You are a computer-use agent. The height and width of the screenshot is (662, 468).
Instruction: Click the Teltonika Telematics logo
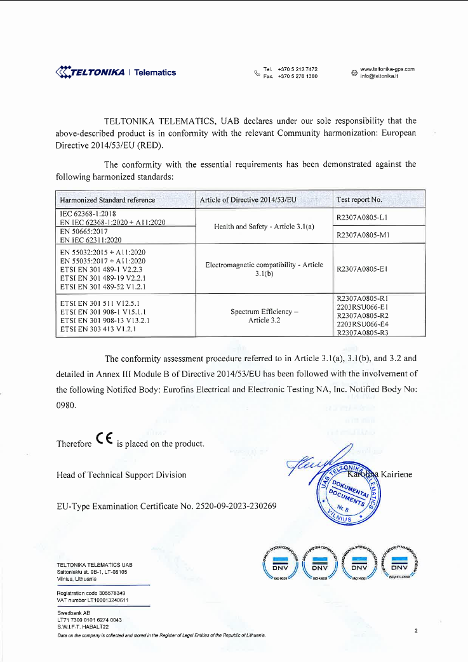click(x=116, y=72)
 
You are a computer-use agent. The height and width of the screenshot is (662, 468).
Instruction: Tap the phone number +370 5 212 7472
click(x=298, y=69)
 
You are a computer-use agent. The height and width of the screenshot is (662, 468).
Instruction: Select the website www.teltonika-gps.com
click(x=387, y=69)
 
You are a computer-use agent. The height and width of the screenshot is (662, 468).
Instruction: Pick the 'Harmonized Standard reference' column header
click(x=107, y=199)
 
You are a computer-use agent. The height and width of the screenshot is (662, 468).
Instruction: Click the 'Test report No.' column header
click(x=359, y=199)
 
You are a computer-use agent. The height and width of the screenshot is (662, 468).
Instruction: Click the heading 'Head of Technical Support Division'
click(x=121, y=475)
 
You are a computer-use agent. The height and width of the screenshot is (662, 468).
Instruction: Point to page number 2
click(x=415, y=631)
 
